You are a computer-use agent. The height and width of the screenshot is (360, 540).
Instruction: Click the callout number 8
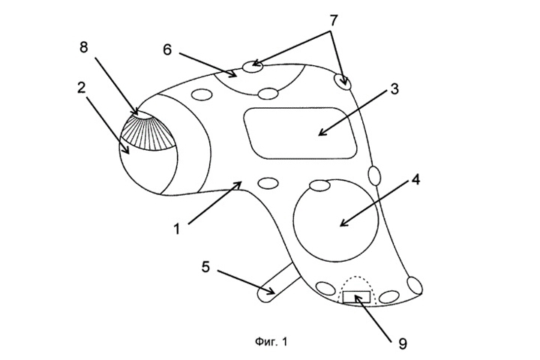click(84, 47)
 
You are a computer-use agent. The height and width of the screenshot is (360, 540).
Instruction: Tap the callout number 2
click(81, 88)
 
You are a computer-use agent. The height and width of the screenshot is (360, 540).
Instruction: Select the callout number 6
click(167, 49)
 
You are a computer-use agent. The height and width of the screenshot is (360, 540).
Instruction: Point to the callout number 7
click(333, 21)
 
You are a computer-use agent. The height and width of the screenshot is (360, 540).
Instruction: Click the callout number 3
click(394, 89)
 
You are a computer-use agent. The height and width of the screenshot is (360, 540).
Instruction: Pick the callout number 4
click(416, 180)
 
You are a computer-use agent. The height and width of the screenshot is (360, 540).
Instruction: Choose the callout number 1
click(177, 229)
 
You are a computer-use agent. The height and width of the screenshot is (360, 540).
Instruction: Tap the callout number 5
click(205, 267)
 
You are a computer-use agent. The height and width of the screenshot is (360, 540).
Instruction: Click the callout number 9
click(402, 343)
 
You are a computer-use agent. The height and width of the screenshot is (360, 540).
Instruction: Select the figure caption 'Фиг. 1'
click(271, 342)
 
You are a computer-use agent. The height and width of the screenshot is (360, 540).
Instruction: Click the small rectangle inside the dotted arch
click(357, 297)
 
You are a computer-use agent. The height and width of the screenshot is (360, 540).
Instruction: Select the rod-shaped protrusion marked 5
click(277, 284)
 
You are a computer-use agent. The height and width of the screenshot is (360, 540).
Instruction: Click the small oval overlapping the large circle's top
click(320, 185)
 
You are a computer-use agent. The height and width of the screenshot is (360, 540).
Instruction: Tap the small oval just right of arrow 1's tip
click(268, 183)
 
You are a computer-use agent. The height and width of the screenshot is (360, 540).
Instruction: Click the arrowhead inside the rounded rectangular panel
click(322, 132)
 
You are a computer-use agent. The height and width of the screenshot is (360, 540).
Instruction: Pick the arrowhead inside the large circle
click(343, 223)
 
